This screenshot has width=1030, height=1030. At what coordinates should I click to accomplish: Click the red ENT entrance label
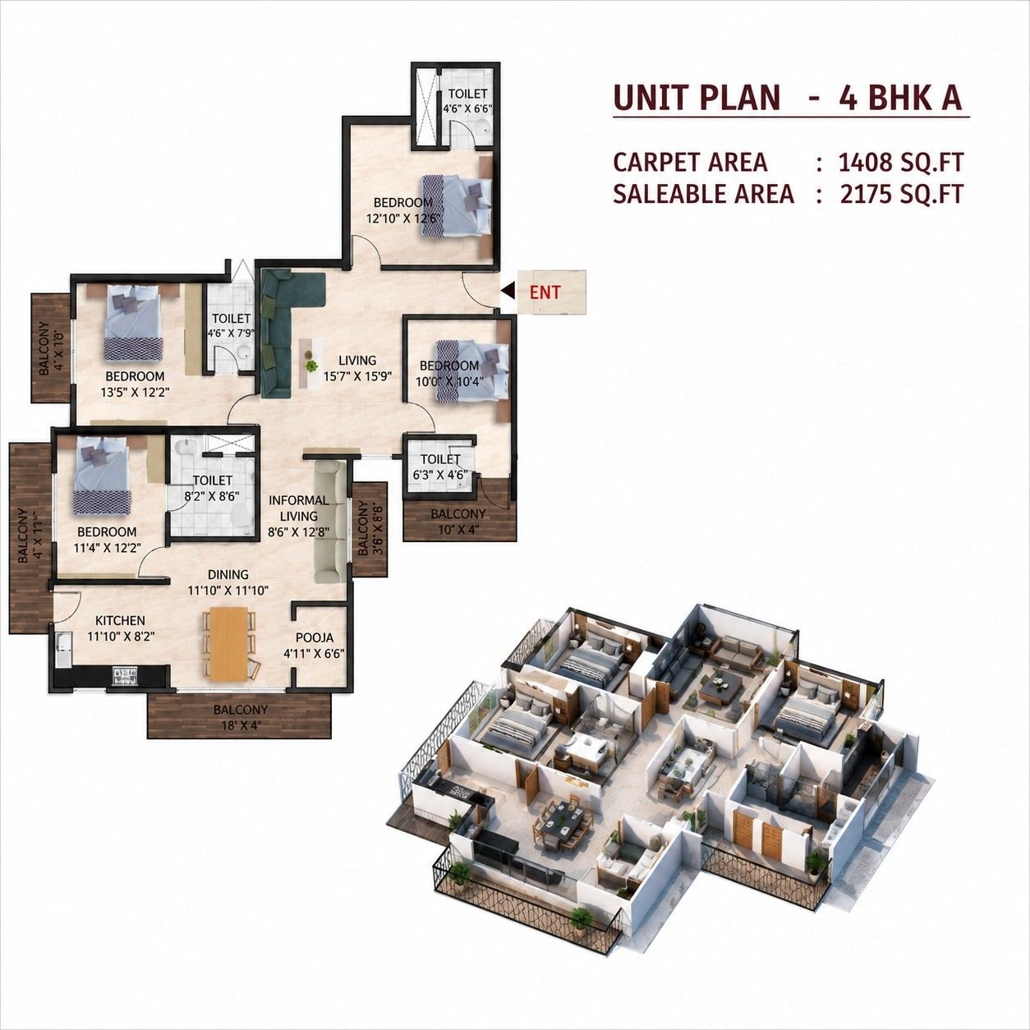(x=545, y=292)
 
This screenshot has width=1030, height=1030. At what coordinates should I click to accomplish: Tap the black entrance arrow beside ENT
(x=508, y=290)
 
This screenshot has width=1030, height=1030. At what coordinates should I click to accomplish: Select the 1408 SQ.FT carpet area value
(x=901, y=162)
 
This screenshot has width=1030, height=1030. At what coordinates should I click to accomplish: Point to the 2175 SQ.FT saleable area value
(x=902, y=194)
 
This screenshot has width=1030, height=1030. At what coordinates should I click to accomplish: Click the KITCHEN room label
(x=120, y=621)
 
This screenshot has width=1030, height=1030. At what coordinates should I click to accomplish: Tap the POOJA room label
(x=315, y=637)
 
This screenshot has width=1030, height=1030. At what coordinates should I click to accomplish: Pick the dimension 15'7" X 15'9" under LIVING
(x=358, y=375)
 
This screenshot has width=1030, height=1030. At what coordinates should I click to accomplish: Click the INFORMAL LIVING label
(x=299, y=508)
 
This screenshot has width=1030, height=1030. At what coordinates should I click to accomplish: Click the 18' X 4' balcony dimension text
(x=240, y=725)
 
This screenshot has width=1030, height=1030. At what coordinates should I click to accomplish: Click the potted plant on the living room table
(x=310, y=366)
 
